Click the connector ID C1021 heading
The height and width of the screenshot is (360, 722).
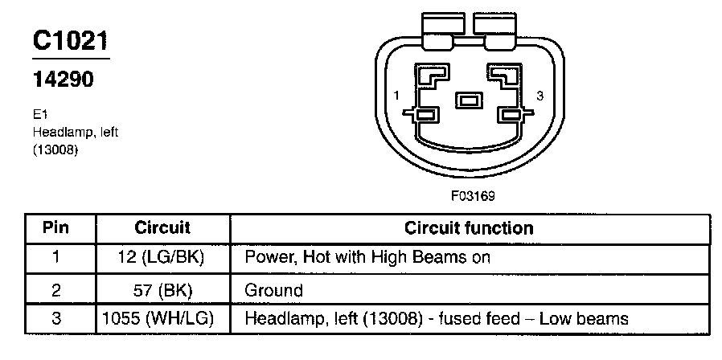click(70, 41)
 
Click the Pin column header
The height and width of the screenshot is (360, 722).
click(55, 227)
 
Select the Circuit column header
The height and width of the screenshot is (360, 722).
click(162, 227)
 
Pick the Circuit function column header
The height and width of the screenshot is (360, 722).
click(469, 227)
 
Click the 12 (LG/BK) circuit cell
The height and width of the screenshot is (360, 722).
click(162, 258)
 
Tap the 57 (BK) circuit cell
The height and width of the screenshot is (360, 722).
click(162, 288)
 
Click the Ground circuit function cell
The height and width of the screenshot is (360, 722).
click(273, 289)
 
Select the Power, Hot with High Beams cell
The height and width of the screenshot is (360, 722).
click(367, 258)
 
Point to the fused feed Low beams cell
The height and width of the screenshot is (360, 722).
click(435, 318)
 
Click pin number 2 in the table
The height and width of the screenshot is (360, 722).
click(55, 288)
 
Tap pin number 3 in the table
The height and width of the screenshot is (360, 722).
click(55, 318)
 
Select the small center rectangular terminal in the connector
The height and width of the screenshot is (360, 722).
click(467, 101)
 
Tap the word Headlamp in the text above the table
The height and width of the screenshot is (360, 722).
click(59, 132)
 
